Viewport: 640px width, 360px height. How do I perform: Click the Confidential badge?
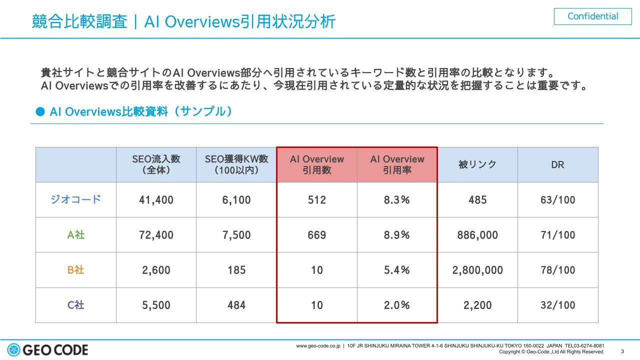tap(593, 16)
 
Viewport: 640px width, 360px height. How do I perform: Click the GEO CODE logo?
tap(48, 349)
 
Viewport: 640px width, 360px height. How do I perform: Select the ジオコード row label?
tap(76, 199)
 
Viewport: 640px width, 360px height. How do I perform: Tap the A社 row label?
tap(76, 234)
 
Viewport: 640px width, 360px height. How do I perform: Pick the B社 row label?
tap(76, 270)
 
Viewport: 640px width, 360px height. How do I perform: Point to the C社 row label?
tap(76, 305)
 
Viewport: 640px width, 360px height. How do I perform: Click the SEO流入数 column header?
tap(156, 164)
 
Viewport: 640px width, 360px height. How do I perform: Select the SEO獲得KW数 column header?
tap(236, 164)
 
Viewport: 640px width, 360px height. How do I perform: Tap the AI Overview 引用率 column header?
tap(397, 164)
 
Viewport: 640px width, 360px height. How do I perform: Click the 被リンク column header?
tap(477, 164)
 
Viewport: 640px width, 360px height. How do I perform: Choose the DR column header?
tap(557, 164)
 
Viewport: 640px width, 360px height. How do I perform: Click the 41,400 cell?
tap(156, 200)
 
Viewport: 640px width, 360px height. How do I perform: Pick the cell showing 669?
tap(317, 235)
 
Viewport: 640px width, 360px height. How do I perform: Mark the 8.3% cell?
tap(397, 200)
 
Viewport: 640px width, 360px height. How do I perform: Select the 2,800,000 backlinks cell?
tap(477, 270)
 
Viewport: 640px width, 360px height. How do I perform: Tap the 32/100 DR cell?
tap(557, 305)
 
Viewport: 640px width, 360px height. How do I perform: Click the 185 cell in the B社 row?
tap(236, 270)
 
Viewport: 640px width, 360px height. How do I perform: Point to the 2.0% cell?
tap(397, 305)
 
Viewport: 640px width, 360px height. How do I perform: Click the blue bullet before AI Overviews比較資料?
tap(40, 111)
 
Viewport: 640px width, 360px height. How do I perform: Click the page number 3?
tap(622, 351)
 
